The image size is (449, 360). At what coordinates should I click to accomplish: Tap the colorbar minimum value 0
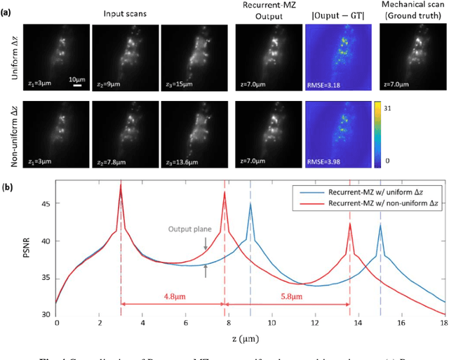[379, 161]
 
